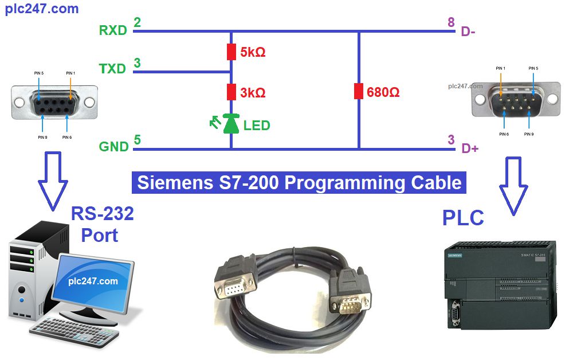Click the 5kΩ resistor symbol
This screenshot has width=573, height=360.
[x=231, y=52]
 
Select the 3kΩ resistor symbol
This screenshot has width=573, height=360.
[x=231, y=92]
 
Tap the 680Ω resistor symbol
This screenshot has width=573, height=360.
[x=359, y=91]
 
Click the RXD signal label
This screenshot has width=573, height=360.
[x=113, y=30]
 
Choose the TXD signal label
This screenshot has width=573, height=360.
[x=112, y=69]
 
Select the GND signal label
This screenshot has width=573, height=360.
[x=114, y=147]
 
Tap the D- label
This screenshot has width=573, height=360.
[x=468, y=32]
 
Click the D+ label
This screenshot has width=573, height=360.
[x=470, y=149]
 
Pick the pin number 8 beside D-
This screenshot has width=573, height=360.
[x=452, y=22]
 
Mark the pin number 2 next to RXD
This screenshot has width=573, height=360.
[x=137, y=22]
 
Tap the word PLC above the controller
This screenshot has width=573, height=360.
[x=463, y=218]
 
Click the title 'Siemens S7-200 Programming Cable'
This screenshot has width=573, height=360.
[x=299, y=182]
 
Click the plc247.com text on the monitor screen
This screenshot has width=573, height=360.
[x=93, y=281]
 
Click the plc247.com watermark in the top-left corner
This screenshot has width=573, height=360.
[x=42, y=9]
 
